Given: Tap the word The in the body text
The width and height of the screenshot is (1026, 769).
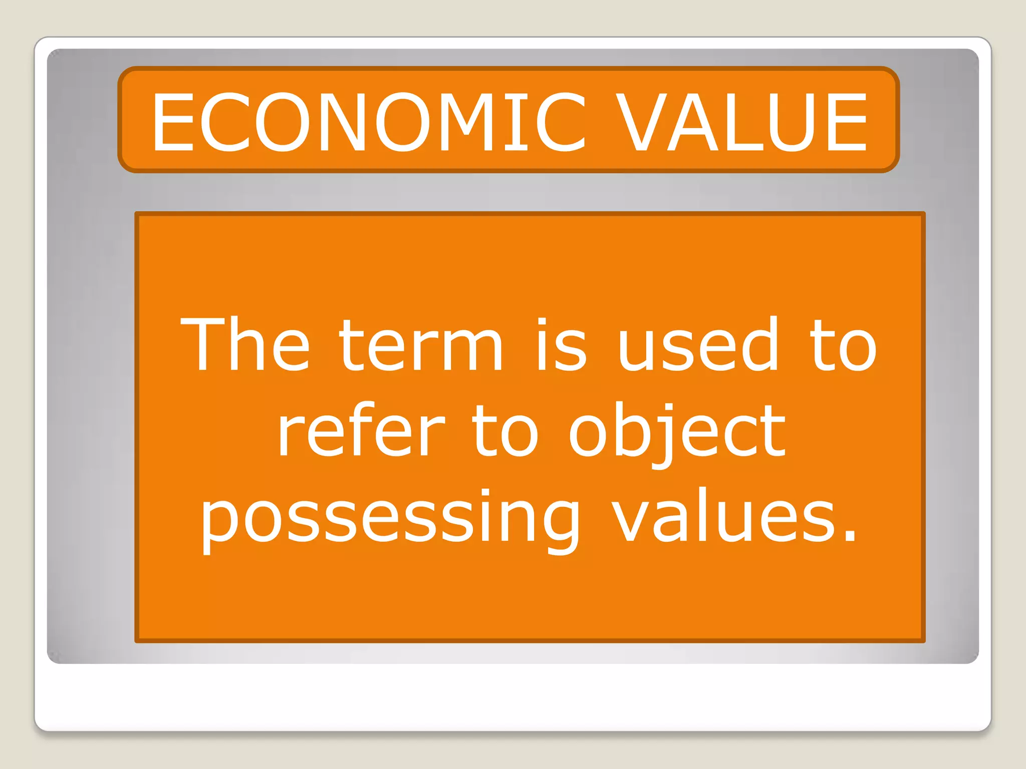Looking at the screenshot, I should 245,345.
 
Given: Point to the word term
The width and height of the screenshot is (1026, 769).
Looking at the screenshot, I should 421,345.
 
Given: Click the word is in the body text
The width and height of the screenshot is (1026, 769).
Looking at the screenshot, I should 561,345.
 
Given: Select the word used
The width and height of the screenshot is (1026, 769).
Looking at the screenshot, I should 698,345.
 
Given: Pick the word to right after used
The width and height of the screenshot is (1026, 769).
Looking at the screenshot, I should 844,345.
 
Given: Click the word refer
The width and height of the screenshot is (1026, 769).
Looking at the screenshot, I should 361,431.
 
